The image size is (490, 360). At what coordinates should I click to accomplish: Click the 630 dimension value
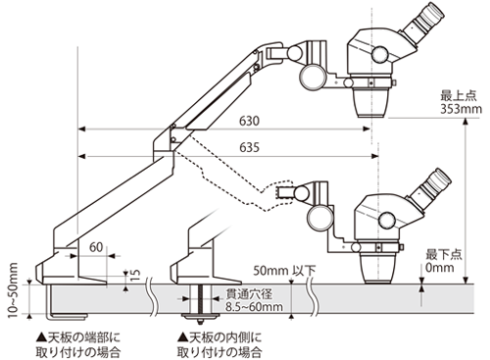pos(251,121)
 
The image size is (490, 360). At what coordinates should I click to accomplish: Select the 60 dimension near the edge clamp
pos(96,248)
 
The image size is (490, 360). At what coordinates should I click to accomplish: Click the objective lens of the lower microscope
pos(378,264)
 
